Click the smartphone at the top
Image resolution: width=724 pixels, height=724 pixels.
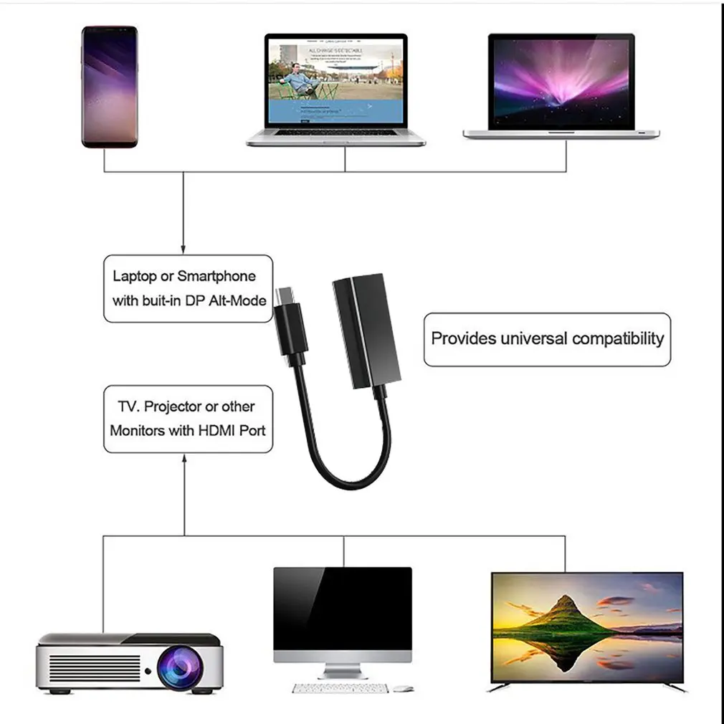[x=109, y=87]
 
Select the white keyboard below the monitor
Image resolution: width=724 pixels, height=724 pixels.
[x=340, y=688]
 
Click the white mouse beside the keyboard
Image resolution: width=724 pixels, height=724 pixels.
[x=403, y=688]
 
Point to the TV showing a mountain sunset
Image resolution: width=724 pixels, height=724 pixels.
[x=587, y=627]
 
